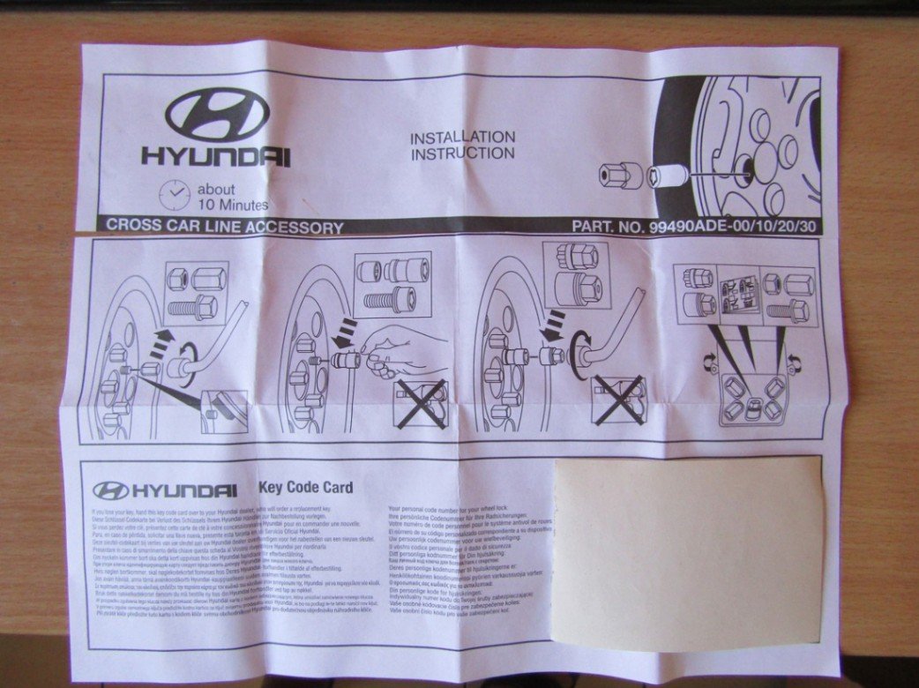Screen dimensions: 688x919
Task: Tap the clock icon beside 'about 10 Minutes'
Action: (176, 193)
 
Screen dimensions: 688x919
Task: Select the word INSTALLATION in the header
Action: (463, 137)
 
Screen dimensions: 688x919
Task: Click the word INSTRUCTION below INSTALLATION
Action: (463, 153)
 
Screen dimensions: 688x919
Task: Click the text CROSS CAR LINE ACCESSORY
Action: (224, 227)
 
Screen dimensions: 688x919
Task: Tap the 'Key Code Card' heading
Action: (304, 487)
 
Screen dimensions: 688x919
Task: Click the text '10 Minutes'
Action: (232, 204)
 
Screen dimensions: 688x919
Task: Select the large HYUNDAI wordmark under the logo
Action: (216, 158)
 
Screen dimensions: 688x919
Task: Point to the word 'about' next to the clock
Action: (217, 189)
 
